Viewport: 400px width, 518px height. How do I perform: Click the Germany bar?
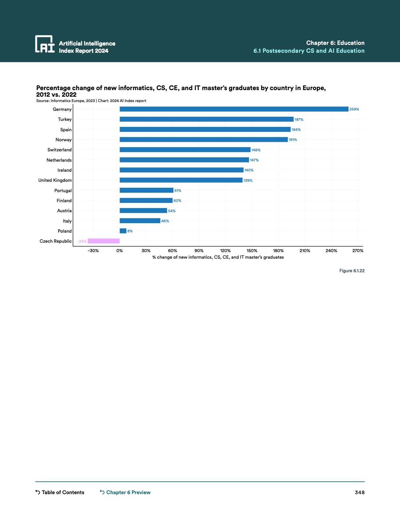[x=234, y=109]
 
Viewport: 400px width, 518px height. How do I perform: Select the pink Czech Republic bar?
[x=104, y=241]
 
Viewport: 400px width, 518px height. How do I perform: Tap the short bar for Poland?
[x=123, y=231]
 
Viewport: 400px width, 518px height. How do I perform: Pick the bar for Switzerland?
[x=185, y=150]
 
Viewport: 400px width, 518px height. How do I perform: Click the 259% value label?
[x=354, y=109]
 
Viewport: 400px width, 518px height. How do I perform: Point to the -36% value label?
[x=82, y=241]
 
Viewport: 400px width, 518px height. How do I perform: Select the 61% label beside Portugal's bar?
[x=178, y=191]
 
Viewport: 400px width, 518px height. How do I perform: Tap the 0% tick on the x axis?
[x=120, y=251]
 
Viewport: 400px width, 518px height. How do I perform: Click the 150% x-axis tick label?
[x=252, y=251]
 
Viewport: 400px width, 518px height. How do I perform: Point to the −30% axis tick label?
[x=93, y=251]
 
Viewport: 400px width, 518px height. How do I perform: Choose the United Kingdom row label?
[x=55, y=180]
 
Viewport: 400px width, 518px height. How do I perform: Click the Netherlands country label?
[x=59, y=160]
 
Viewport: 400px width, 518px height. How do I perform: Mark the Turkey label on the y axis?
[x=65, y=119]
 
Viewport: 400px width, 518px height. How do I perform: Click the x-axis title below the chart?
[x=218, y=257]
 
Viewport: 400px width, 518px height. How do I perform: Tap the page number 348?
[x=360, y=492]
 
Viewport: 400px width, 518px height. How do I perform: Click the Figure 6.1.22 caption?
[x=352, y=271]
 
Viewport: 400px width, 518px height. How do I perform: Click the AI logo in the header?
[x=45, y=44]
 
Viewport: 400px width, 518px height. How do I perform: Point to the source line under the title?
[x=91, y=101]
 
